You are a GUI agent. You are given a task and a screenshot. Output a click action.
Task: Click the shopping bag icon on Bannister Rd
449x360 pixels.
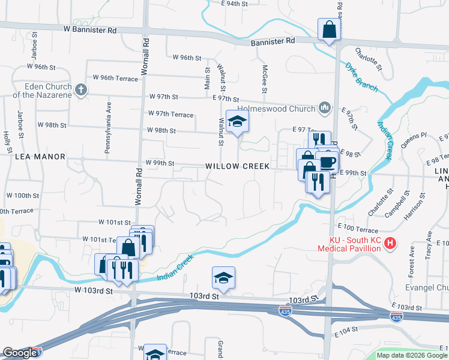pyautogui.click(x=330, y=29)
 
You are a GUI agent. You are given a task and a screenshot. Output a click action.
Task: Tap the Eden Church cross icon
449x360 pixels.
pyautogui.click(x=82, y=90)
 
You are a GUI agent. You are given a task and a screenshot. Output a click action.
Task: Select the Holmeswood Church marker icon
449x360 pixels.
pyautogui.click(x=325, y=107)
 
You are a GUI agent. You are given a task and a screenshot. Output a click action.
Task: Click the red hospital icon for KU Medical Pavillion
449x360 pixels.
pyautogui.click(x=390, y=244)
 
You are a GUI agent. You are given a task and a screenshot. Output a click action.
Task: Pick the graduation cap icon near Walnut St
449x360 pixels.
pyautogui.click(x=237, y=122)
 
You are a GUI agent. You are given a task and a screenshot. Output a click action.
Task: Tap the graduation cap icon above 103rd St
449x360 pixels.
pyautogui.click(x=223, y=278)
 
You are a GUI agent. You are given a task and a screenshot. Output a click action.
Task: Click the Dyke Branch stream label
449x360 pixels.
pyautogui.click(x=362, y=77)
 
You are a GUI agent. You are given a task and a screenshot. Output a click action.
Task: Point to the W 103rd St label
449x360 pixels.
pyautogui.click(x=94, y=290)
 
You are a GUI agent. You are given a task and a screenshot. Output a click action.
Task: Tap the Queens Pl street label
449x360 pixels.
pyautogui.click(x=414, y=139)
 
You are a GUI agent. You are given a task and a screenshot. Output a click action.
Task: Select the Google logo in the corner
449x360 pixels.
pyautogui.click(x=20, y=352)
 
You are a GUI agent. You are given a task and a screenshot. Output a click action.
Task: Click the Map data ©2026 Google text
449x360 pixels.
pyautogui.click(x=412, y=355)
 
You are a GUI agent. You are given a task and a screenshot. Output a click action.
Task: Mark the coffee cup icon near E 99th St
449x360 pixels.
pyautogui.click(x=328, y=161)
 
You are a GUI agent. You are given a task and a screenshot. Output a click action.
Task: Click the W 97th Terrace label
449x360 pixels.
pyautogui.click(x=170, y=114)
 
